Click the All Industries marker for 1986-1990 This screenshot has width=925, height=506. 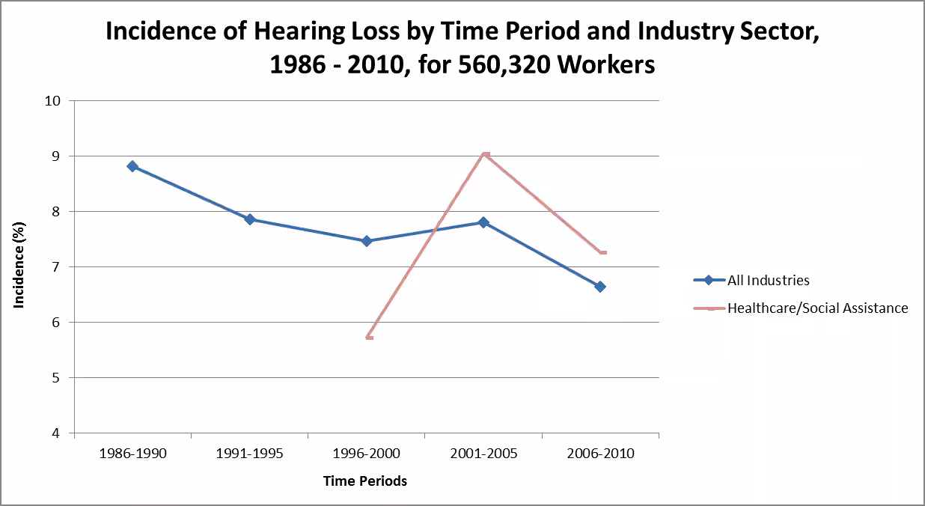pos(132,166)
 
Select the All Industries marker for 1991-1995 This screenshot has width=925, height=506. pos(250,219)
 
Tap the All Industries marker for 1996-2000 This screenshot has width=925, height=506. pos(367,241)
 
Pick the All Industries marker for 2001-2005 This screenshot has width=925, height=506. pos(483,222)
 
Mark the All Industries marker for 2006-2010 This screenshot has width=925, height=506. pos(600,287)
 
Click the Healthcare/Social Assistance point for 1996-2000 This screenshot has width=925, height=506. pos(369,338)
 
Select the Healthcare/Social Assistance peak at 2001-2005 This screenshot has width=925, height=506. pos(486,154)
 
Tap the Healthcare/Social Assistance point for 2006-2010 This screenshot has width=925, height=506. pos(602,253)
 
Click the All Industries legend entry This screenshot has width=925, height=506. pos(768,281)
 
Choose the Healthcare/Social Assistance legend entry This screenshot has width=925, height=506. pos(817,308)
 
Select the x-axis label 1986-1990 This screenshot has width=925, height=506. pos(133,454)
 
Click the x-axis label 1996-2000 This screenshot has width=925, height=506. pos(367,454)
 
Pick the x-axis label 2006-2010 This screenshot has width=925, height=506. pos(600,454)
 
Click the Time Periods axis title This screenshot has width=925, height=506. pos(365,481)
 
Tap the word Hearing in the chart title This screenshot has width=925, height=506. pos(287,32)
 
